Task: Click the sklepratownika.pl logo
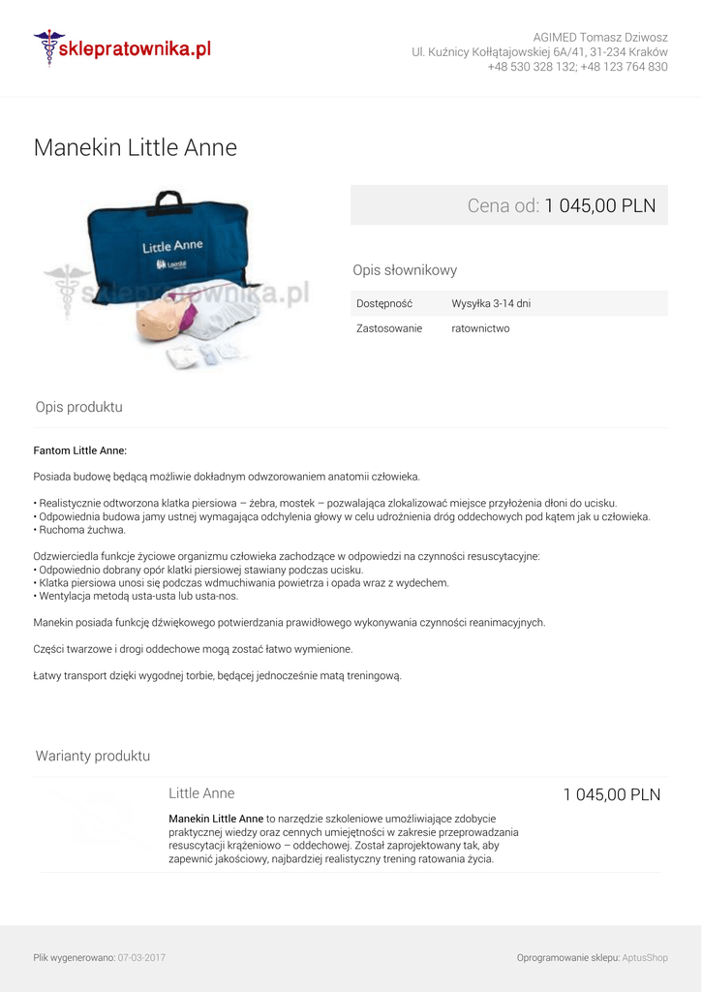click(x=122, y=47)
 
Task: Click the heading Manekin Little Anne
click(x=136, y=147)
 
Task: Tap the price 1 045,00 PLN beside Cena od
click(x=599, y=205)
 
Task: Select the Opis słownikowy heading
click(x=405, y=270)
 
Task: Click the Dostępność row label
click(x=384, y=303)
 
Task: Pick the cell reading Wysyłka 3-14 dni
click(x=491, y=303)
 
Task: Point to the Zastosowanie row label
click(x=389, y=328)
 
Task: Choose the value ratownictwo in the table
click(x=480, y=328)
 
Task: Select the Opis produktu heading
click(x=79, y=407)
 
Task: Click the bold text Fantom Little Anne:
click(x=80, y=450)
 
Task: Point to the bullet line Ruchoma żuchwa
click(x=81, y=530)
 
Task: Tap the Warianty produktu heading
click(x=93, y=756)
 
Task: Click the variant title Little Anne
click(x=201, y=793)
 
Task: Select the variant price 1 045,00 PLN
click(x=612, y=795)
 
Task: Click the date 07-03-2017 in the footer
click(x=141, y=958)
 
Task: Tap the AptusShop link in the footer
click(x=645, y=958)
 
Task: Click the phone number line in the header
click(x=577, y=67)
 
